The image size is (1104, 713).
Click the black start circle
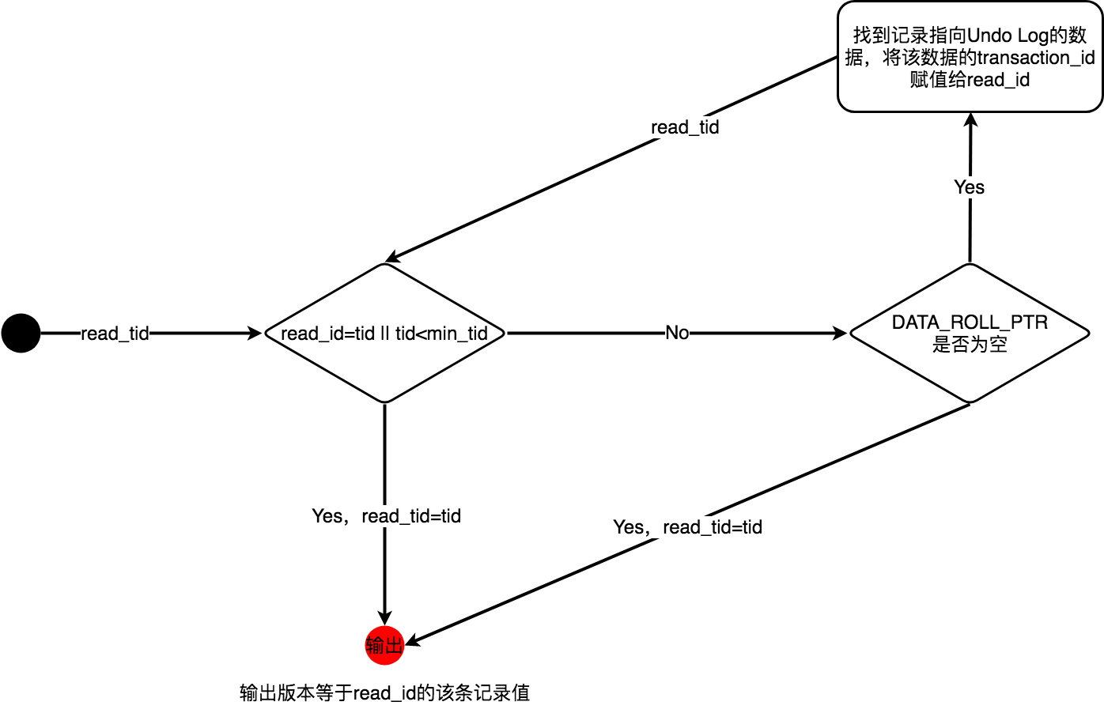[21, 333]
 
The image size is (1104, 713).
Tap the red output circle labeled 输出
[384, 645]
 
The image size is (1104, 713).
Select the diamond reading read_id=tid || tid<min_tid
[384, 333]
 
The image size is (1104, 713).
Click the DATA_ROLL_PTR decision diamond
[970, 333]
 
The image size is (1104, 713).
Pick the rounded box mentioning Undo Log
[970, 57]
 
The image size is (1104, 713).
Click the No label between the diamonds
[677, 333]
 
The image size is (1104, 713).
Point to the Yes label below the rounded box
[970, 187]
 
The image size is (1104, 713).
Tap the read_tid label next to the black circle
[115, 334]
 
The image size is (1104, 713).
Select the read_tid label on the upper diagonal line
[685, 127]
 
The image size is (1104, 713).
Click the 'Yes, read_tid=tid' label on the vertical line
[386, 516]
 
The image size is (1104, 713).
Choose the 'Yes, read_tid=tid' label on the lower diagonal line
[687, 527]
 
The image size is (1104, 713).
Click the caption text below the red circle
[384, 693]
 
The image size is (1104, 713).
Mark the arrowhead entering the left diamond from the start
[255, 334]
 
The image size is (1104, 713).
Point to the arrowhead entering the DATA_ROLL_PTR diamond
[840, 334]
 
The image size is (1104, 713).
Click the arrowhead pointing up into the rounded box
[970, 121]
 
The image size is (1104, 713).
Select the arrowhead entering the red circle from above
[384, 618]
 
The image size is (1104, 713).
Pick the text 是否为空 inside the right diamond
[970, 345]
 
